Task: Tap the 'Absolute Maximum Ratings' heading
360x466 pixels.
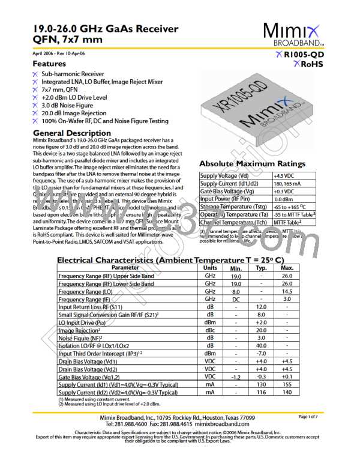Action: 252,164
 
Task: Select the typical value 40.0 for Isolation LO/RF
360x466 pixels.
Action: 260,345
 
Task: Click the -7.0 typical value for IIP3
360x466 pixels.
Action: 260,353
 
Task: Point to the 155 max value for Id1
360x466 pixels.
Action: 287,385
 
